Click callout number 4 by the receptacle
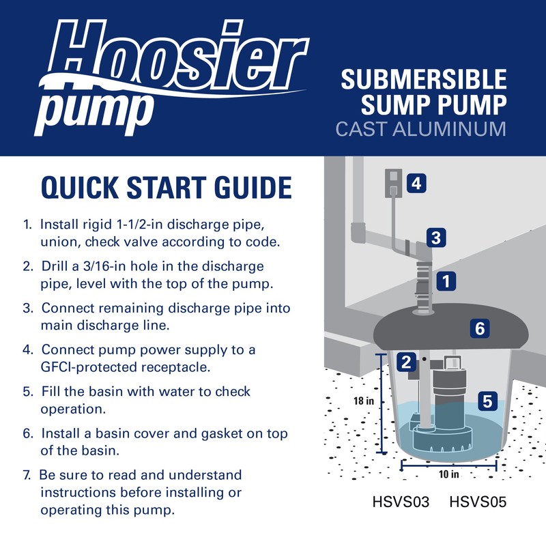click(417, 183)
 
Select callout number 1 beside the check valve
click(446, 280)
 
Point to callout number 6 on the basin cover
click(480, 329)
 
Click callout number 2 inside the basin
click(407, 362)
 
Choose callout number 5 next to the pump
click(487, 401)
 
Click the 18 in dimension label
click(363, 401)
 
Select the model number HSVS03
click(401, 503)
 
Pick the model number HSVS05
click(478, 503)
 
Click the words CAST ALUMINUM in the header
click(421, 129)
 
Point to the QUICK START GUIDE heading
click(167, 187)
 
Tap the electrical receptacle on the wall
click(393, 184)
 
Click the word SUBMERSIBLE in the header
click(424, 80)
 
